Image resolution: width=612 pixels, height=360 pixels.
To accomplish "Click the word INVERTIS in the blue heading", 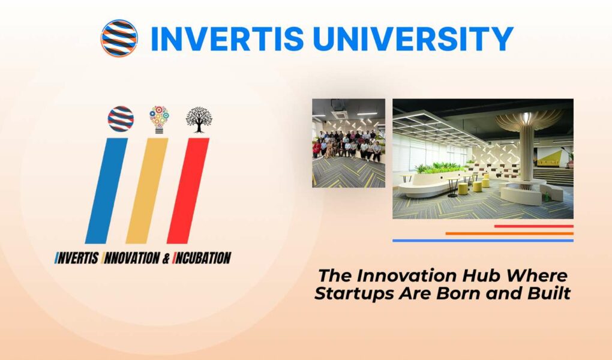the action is pyautogui.click(x=227, y=38).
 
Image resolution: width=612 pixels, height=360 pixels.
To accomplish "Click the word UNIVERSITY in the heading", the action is pyautogui.click(x=413, y=38).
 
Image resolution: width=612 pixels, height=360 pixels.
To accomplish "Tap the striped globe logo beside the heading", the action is pyautogui.click(x=119, y=38).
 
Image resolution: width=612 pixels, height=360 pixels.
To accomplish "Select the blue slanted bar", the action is pyautogui.click(x=106, y=191).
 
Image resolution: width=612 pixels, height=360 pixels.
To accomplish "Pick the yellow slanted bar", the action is pyautogui.click(x=147, y=191).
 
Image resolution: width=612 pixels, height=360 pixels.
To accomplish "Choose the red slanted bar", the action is pyautogui.click(x=188, y=191).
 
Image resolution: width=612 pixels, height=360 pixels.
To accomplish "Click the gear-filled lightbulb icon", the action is pyautogui.click(x=159, y=119).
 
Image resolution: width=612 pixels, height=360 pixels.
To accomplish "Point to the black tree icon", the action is pyautogui.click(x=199, y=119).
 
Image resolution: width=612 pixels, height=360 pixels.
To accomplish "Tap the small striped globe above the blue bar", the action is pyautogui.click(x=121, y=119).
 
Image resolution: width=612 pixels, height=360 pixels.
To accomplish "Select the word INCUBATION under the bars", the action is pyautogui.click(x=202, y=258).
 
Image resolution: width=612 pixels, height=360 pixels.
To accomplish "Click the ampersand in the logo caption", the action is pyautogui.click(x=166, y=258).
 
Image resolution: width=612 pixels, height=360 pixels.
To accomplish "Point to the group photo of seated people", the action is pyautogui.click(x=349, y=143).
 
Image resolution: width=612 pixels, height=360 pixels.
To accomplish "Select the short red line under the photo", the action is pyautogui.click(x=533, y=226).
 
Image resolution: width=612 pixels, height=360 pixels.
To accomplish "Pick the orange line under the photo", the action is pyautogui.click(x=509, y=233).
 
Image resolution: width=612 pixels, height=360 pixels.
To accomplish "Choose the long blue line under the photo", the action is pyautogui.click(x=483, y=241).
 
